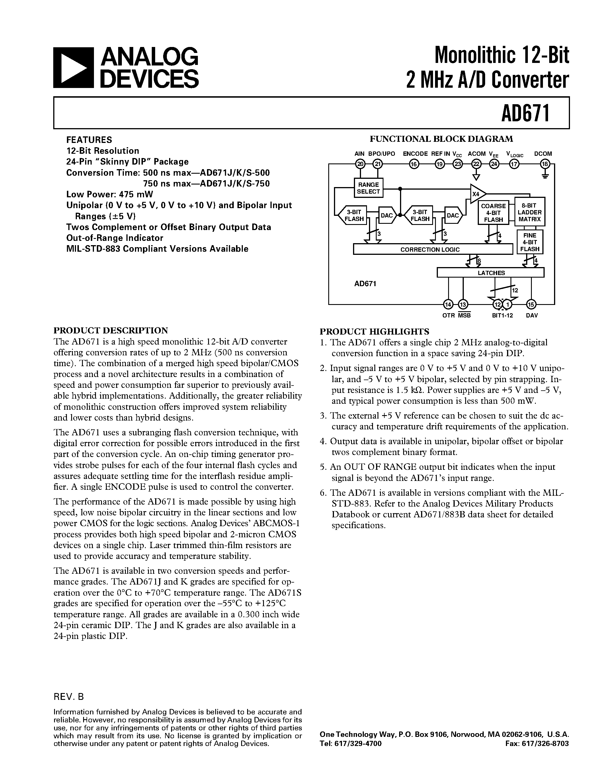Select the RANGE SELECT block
[368, 188]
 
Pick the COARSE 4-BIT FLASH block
[493, 213]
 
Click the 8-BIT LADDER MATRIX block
[530, 212]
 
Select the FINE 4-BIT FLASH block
[530, 242]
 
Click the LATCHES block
[490, 273]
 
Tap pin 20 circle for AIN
[360, 164]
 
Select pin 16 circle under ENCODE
[414, 164]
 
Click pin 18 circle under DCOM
[545, 164]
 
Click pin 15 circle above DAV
[531, 304]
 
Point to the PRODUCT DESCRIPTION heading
[110, 330]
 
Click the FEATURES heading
[89, 140]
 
